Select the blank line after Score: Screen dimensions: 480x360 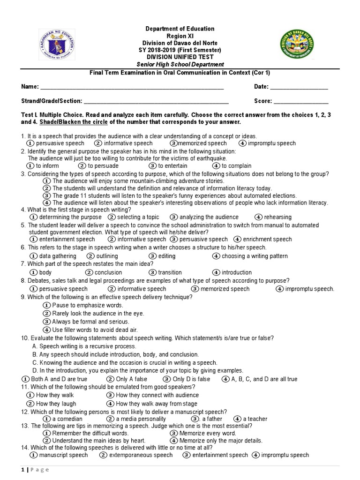click(x=301, y=101)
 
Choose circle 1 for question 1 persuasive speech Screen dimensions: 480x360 click(x=30, y=143)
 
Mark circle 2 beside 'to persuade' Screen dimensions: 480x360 click(x=82, y=166)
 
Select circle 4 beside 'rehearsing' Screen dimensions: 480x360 click(x=259, y=217)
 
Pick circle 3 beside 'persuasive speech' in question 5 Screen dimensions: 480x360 click(x=173, y=239)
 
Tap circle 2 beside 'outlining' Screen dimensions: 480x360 click(x=91, y=256)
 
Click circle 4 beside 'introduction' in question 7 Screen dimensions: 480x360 click(x=216, y=272)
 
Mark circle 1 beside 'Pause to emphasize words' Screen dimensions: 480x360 click(x=46, y=305)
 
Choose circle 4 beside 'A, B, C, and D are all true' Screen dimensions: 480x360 click(x=225, y=379)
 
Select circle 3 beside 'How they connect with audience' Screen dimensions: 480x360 click(x=110, y=395)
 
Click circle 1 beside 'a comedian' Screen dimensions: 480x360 click(x=46, y=419)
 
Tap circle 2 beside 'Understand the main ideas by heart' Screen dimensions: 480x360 click(x=46, y=441)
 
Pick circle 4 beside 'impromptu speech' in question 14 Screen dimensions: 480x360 click(x=256, y=455)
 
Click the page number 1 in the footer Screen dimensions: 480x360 click(x=23, y=470)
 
